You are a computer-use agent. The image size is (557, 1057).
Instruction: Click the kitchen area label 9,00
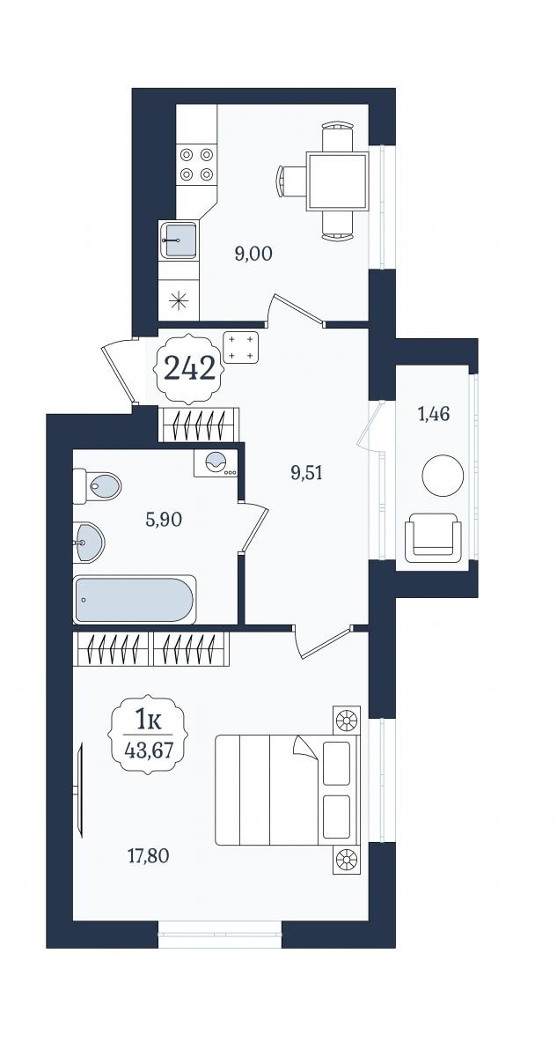pos(253,255)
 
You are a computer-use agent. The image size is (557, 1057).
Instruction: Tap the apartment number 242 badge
pos(189,368)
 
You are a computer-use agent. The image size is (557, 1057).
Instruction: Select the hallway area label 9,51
pos(306,473)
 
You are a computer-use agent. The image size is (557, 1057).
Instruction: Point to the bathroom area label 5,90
pos(164,520)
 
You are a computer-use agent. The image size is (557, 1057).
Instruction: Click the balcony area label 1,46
pos(434,414)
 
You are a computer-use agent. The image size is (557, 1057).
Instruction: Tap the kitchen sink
pos(179,240)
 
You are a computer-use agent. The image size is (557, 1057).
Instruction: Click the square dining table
pos(336,181)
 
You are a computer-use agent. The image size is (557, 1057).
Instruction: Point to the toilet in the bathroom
pos(97,486)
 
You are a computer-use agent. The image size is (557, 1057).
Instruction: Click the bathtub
pos(135,599)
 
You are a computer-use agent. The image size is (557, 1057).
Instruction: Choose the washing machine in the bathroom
pos(216,462)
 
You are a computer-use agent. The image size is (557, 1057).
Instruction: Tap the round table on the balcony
pos(443,475)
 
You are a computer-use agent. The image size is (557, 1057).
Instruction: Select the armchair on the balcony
pos(433,538)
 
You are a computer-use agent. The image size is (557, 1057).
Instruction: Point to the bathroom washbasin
pos(89,542)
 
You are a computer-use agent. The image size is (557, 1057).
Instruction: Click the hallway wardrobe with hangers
pos(200,425)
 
